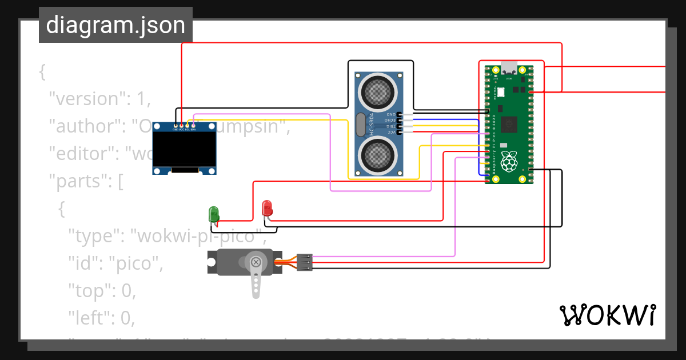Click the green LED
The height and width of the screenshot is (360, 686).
(214, 214)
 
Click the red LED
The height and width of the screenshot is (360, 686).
(266, 207)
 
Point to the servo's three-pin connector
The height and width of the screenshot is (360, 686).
(305, 262)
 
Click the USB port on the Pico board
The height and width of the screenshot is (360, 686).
(508, 67)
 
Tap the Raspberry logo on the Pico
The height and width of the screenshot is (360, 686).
(508, 162)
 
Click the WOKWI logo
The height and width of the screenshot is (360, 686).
(607, 315)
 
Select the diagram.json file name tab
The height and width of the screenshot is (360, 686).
(115, 25)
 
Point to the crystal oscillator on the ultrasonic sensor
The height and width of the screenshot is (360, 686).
(360, 125)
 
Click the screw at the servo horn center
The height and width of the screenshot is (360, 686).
(256, 262)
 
